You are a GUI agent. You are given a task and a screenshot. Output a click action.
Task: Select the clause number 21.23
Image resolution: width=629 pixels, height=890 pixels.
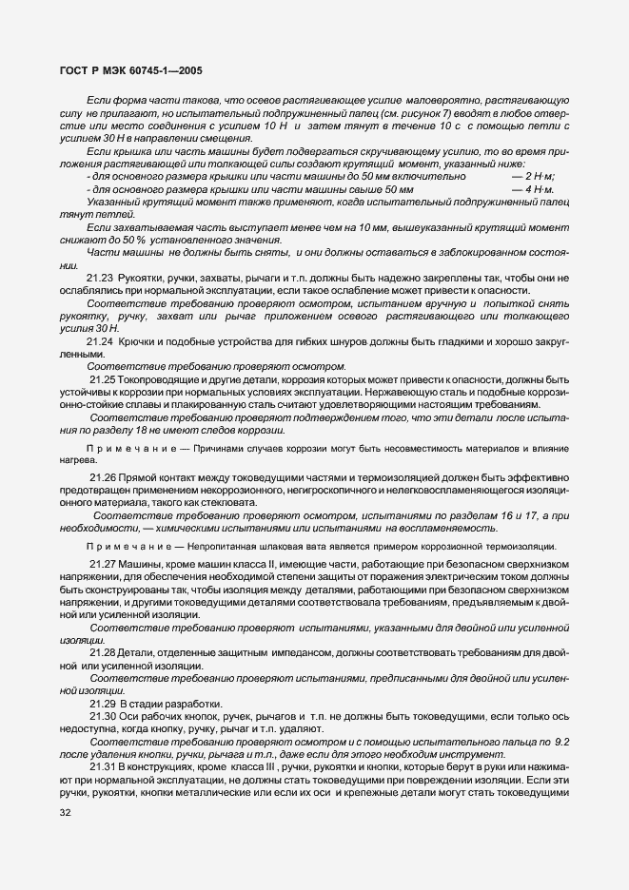[x=101, y=277]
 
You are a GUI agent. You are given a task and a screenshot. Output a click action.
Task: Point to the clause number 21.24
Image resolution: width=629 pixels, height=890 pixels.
[x=101, y=339]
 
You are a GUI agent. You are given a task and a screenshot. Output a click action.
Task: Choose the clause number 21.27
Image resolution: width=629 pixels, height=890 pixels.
[x=103, y=564]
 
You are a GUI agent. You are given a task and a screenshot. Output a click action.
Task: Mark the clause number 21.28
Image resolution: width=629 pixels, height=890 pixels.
[x=103, y=651]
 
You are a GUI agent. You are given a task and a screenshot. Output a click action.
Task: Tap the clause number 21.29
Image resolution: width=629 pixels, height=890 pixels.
[x=103, y=703]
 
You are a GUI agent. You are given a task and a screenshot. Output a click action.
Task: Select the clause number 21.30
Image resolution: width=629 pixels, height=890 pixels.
[x=103, y=715]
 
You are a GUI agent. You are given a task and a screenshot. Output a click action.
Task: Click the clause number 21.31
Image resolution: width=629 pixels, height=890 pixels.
[x=103, y=765]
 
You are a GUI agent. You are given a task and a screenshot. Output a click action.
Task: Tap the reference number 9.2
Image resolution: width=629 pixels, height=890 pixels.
[x=560, y=740]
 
